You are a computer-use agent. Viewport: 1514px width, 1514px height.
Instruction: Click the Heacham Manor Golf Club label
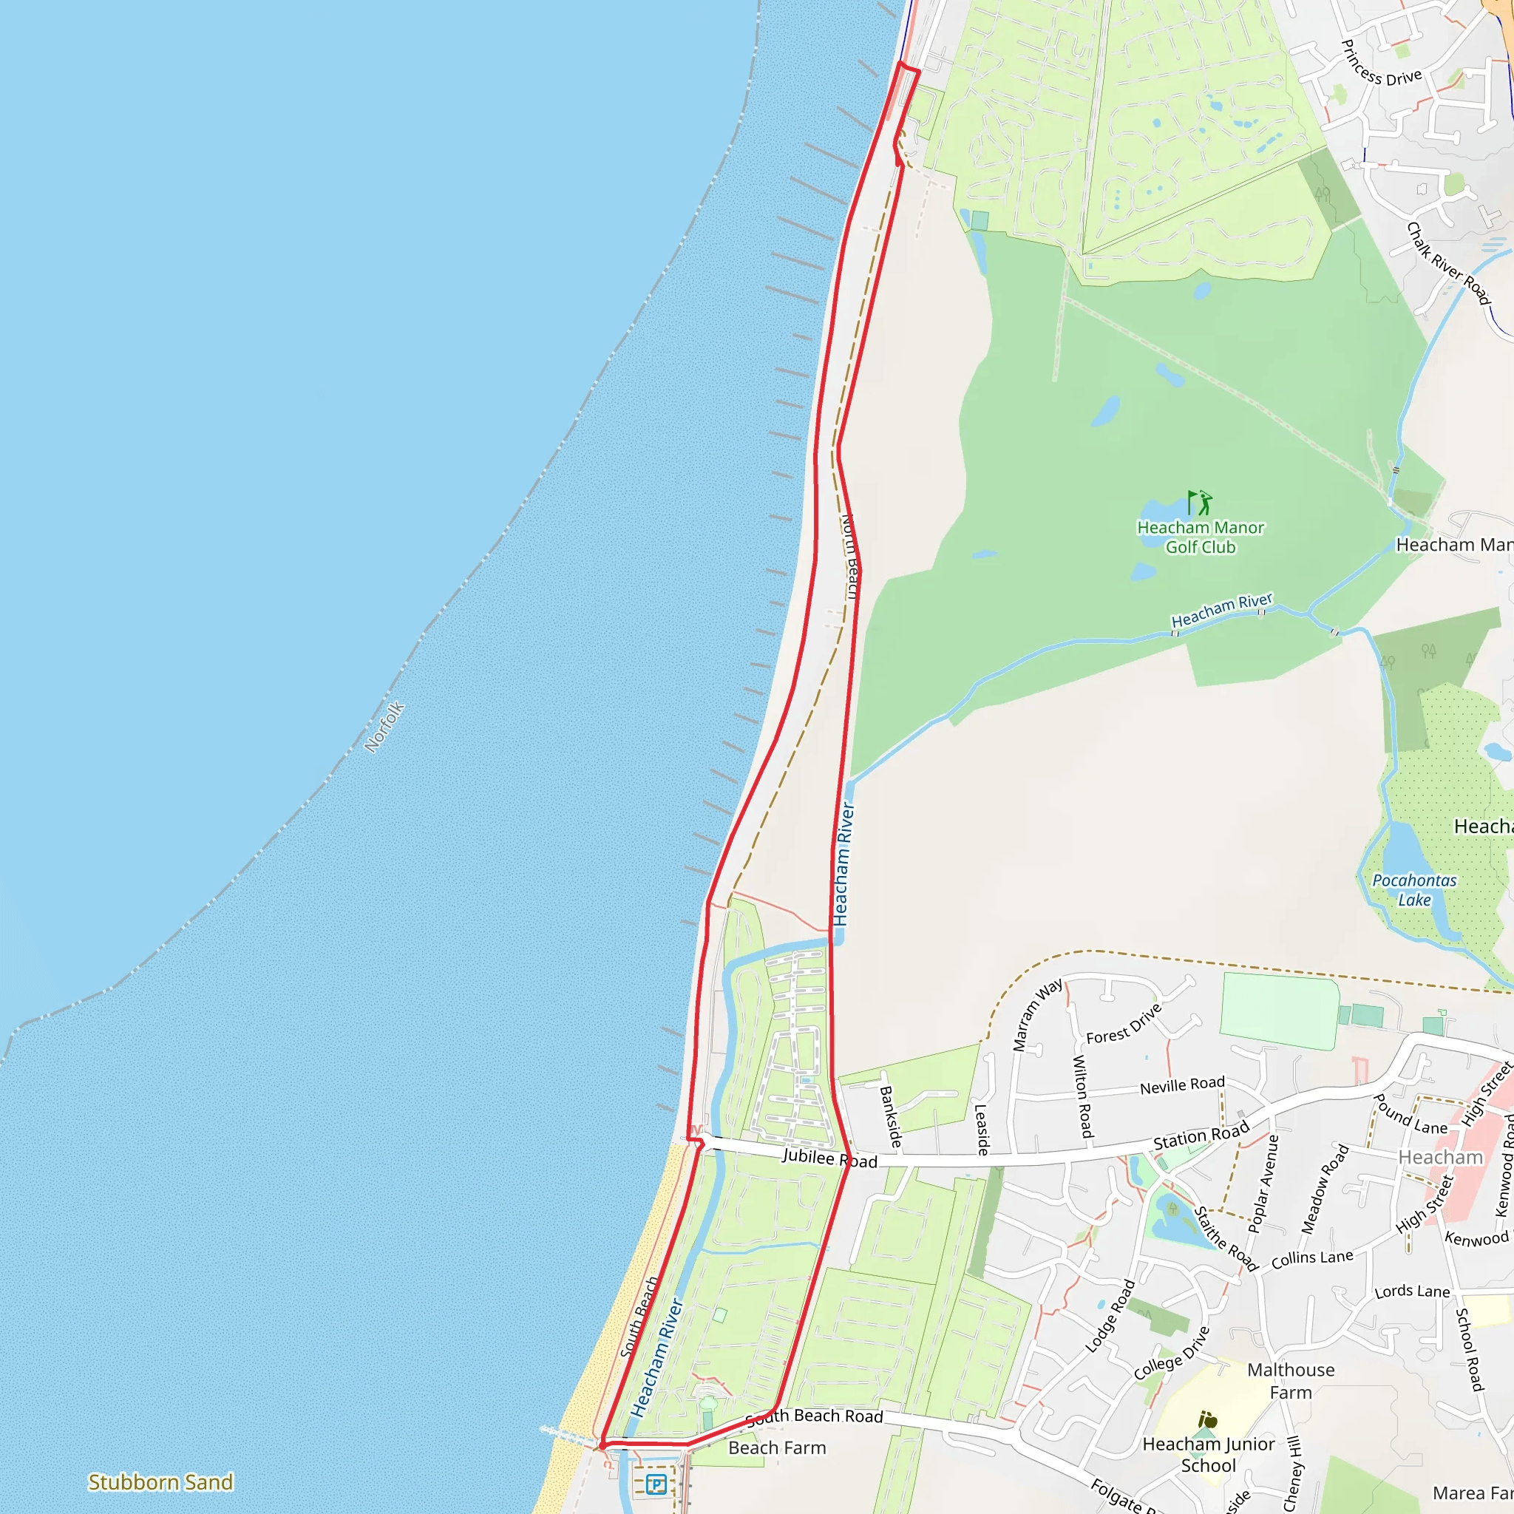[x=1200, y=537]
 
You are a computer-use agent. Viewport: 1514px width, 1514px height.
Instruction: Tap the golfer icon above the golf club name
[x=1199, y=502]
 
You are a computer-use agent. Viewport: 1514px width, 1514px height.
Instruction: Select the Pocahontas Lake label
[x=1413, y=890]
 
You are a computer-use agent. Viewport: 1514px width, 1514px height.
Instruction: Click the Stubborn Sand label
[x=160, y=1482]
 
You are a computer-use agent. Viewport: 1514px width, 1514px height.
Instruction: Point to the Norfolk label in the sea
[x=384, y=727]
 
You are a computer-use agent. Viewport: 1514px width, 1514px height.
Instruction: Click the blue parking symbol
[x=656, y=1484]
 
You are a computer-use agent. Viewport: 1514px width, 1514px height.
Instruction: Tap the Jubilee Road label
[x=830, y=1159]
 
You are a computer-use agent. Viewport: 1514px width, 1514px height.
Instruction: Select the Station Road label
[x=1201, y=1136]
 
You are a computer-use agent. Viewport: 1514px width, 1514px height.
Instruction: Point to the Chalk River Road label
[x=1448, y=264]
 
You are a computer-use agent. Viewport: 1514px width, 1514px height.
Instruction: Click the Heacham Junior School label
[x=1209, y=1454]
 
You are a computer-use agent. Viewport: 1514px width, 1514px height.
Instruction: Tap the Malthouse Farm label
[x=1291, y=1381]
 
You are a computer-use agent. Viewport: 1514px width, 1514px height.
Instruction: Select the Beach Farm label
[x=777, y=1447]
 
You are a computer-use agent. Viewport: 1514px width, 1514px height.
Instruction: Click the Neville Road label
[x=1182, y=1085]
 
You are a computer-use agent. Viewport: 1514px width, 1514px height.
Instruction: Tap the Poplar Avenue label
[x=1263, y=1184]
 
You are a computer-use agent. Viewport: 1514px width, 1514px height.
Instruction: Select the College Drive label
[x=1172, y=1353]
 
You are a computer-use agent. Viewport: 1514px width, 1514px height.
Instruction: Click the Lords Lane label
[x=1412, y=1291]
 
